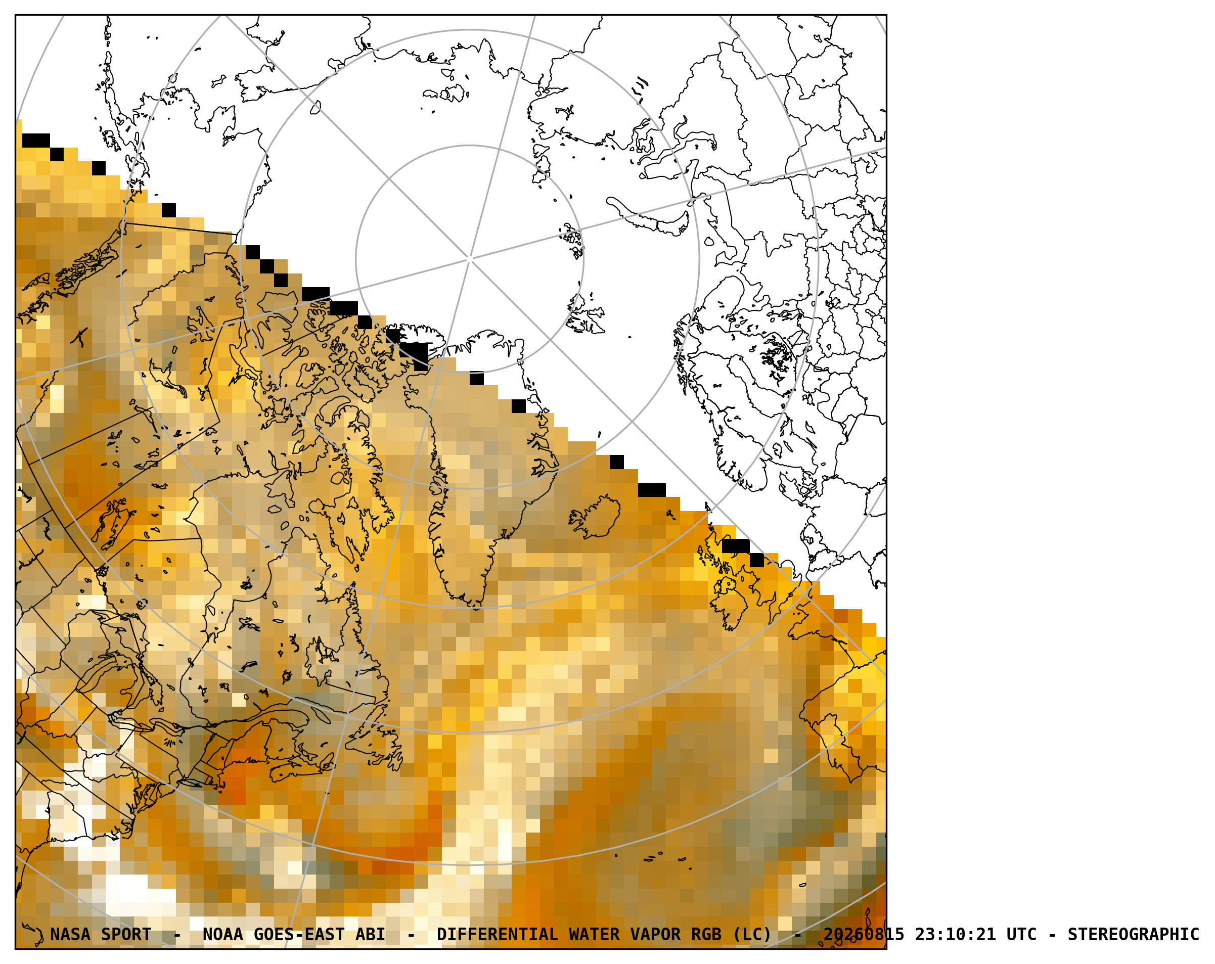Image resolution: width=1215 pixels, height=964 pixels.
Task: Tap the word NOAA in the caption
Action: coord(222,934)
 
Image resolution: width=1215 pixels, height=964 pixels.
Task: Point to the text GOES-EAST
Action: coord(299,934)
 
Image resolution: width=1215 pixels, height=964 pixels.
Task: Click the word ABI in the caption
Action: coord(370,934)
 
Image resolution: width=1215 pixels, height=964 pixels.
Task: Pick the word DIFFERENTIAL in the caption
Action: coord(498,934)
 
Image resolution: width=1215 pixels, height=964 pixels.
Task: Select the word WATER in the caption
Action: coord(594,934)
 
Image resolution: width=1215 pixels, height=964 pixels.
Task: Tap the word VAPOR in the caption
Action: coord(655,934)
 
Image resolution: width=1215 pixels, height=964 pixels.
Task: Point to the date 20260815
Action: coord(864,934)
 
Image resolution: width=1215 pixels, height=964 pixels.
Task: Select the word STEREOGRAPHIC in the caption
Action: coord(1133,934)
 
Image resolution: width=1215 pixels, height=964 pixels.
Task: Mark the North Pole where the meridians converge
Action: coord(469,259)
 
